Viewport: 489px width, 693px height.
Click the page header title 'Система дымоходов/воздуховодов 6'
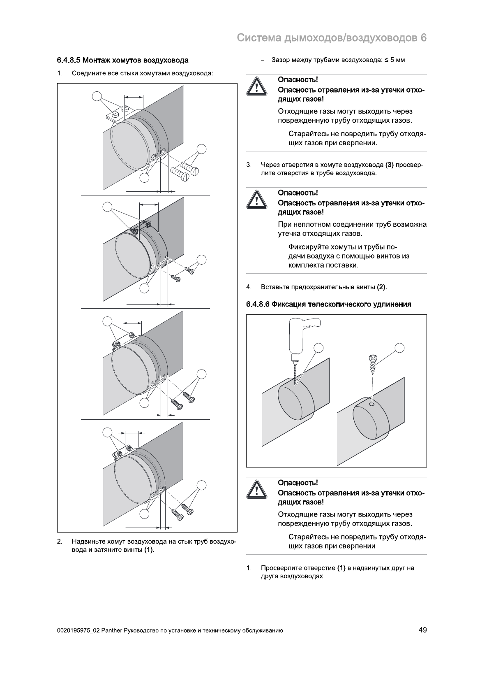332,38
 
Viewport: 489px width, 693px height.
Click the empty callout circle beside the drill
319,348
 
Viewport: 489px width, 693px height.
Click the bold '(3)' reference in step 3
389,165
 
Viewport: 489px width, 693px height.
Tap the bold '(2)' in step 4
381,287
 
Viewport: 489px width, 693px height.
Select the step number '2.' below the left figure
60,541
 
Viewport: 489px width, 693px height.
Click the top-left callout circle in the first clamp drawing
97,96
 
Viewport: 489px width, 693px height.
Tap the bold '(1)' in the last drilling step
341,568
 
